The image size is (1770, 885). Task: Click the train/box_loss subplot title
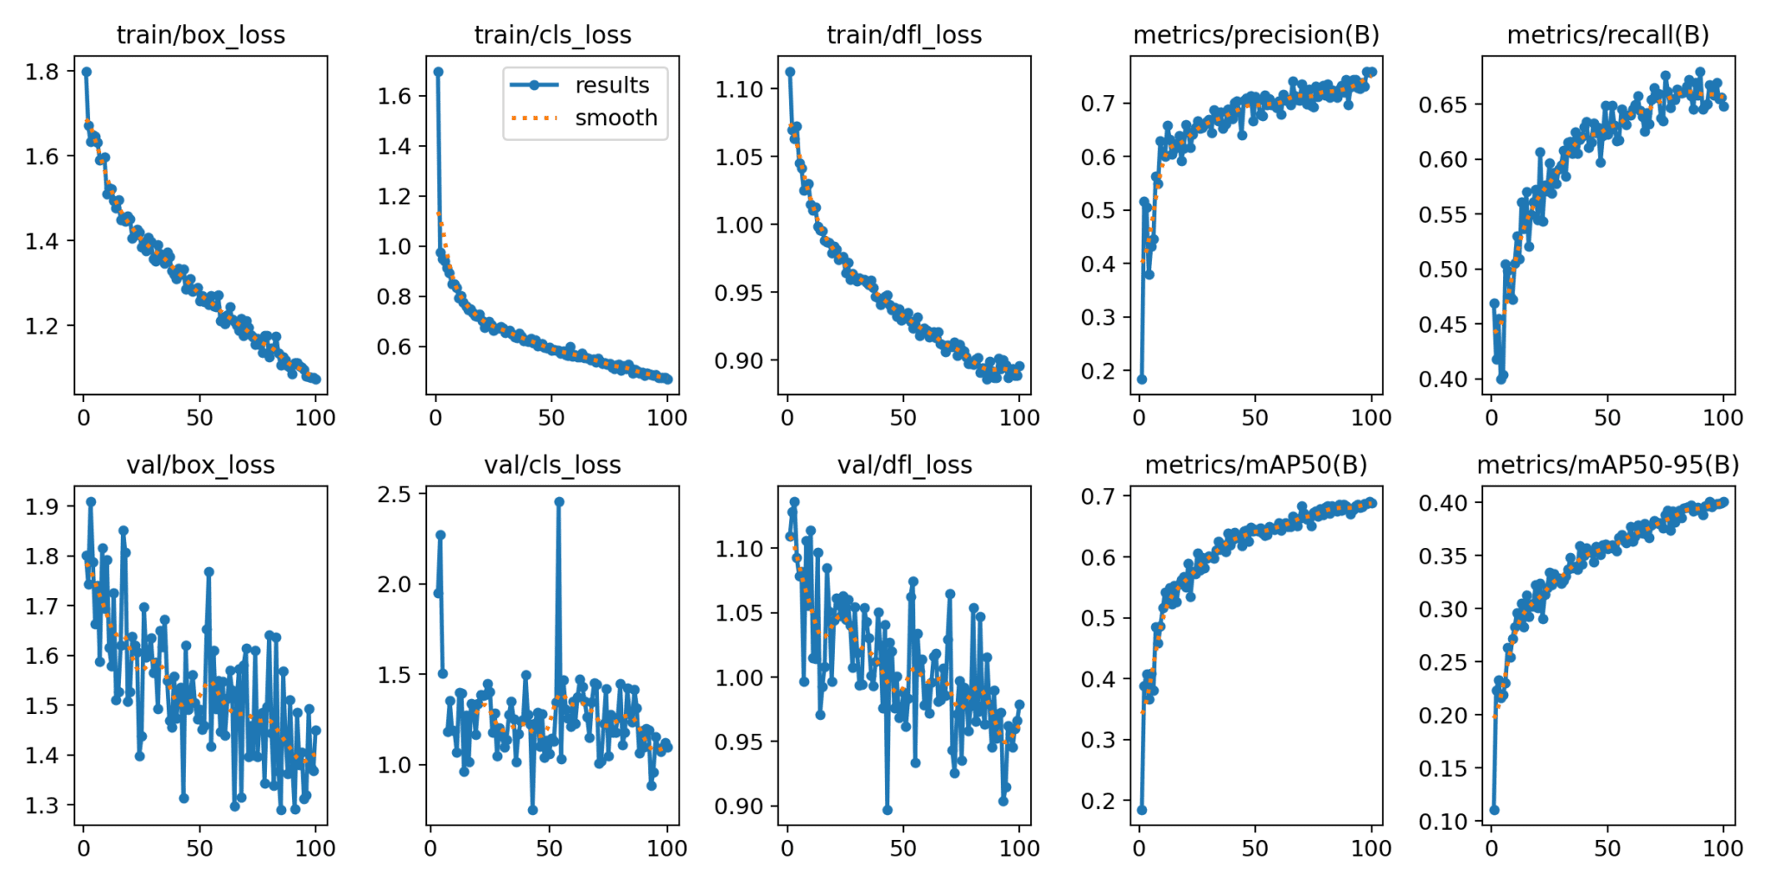201,35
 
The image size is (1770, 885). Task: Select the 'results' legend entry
611,86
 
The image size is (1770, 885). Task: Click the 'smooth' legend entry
615,118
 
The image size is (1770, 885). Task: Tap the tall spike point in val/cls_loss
559,501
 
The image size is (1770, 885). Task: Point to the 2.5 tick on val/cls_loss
394,494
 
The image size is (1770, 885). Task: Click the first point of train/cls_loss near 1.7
438,72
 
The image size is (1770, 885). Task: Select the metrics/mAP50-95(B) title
1608,465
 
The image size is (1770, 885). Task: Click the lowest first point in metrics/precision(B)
1142,379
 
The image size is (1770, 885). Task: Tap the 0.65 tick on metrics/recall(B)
1443,105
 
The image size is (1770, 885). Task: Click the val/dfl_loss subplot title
904,465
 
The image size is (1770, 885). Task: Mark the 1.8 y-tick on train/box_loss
42,72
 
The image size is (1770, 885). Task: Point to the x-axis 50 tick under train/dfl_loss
903,417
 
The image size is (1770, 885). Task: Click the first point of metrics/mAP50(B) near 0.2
1142,810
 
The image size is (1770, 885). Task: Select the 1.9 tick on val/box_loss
42,506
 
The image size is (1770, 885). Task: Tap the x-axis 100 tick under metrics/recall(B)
1722,417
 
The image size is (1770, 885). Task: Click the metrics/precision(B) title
1256,35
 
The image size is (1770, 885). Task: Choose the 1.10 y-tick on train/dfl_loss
739,89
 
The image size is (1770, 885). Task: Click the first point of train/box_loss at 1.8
86,72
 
